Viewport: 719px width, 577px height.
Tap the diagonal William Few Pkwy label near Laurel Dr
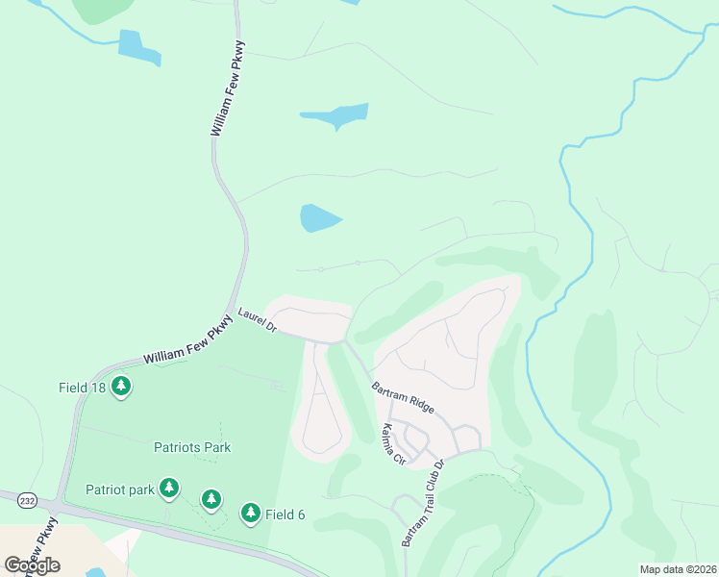pyautogui.click(x=188, y=343)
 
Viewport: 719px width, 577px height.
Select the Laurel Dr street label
pyautogui.click(x=257, y=321)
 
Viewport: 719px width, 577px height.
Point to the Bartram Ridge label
pyautogui.click(x=404, y=397)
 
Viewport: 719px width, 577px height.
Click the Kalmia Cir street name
pyautogui.click(x=394, y=443)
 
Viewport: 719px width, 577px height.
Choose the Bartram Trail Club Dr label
pyautogui.click(x=424, y=502)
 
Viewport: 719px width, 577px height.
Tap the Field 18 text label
pyautogui.click(x=82, y=388)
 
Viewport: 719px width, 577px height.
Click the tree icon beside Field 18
pyautogui.click(x=120, y=387)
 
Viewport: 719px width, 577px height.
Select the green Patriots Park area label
pyautogui.click(x=192, y=447)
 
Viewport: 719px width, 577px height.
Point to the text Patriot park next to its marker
pyautogui.click(x=119, y=489)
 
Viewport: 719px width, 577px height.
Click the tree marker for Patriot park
pyautogui.click(x=169, y=489)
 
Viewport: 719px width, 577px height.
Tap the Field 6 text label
pyautogui.click(x=285, y=514)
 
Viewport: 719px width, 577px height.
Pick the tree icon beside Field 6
pyautogui.click(x=251, y=514)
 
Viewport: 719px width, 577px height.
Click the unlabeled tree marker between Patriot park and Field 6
pyautogui.click(x=211, y=499)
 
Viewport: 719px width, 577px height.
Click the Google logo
pyautogui.click(x=32, y=564)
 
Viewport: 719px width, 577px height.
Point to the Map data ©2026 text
pyautogui.click(x=678, y=569)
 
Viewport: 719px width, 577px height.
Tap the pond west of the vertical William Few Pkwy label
pyautogui.click(x=136, y=47)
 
